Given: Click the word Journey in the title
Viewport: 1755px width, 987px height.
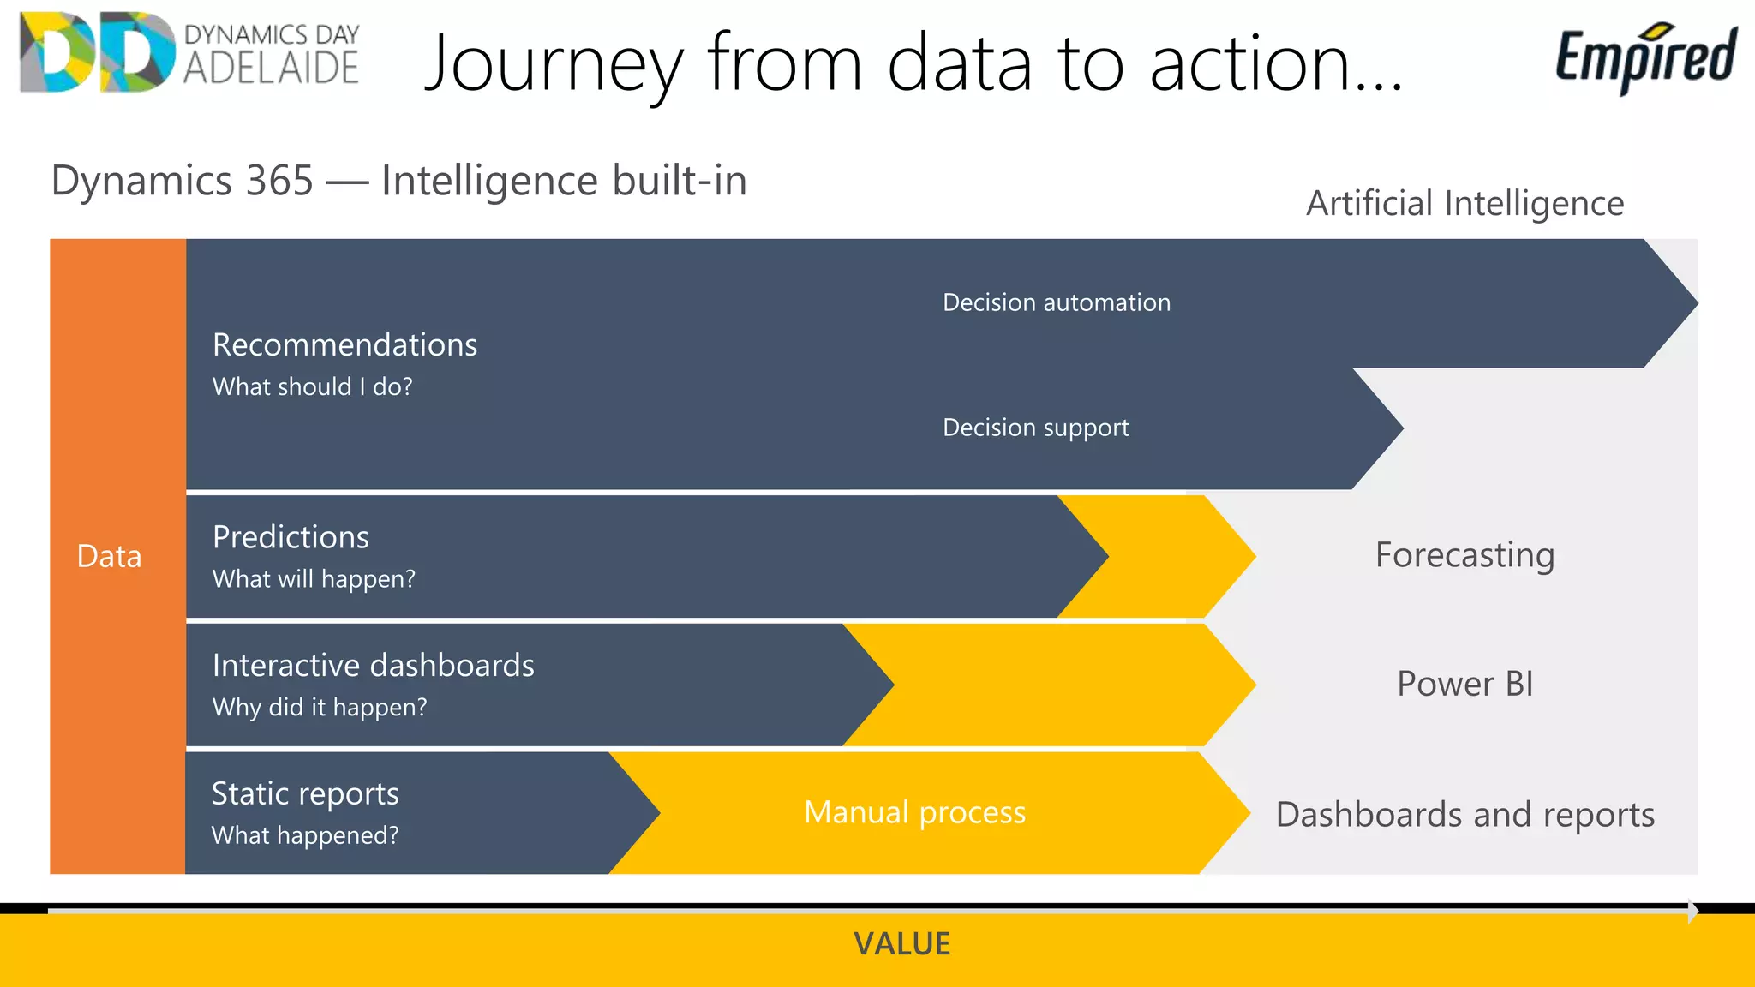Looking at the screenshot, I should pos(554,63).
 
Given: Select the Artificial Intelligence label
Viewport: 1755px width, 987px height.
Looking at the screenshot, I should pos(1464,204).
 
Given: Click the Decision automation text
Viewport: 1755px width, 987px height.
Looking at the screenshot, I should pos(1056,302).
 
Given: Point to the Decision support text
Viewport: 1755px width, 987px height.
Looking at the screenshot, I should pos(1035,428).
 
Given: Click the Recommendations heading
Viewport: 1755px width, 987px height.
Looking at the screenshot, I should pos(344,344).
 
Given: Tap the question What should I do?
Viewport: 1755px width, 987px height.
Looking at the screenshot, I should pos(312,386).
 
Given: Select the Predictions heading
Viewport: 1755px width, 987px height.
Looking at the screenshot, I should pos(291,537).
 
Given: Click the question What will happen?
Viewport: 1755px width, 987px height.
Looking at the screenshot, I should pos(314,579).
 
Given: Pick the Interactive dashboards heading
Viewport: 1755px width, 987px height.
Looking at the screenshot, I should pos(373,666).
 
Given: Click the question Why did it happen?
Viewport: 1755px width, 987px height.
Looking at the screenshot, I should pos(320,708).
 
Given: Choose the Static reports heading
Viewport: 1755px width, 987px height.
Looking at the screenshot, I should pos(305,793).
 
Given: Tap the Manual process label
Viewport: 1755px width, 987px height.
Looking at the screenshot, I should pos(914,812).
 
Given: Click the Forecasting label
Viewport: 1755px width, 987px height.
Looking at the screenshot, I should pos(1464,555).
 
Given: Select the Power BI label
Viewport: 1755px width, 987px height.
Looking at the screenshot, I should pos(1464,684).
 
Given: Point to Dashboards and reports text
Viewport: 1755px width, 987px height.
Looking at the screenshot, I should pos(1464,815).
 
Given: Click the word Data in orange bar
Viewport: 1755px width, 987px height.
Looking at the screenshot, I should pos(109,557).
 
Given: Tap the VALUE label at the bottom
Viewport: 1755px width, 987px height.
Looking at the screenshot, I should pos(901,944).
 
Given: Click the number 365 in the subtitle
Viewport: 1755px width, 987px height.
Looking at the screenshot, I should pos(279,181).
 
